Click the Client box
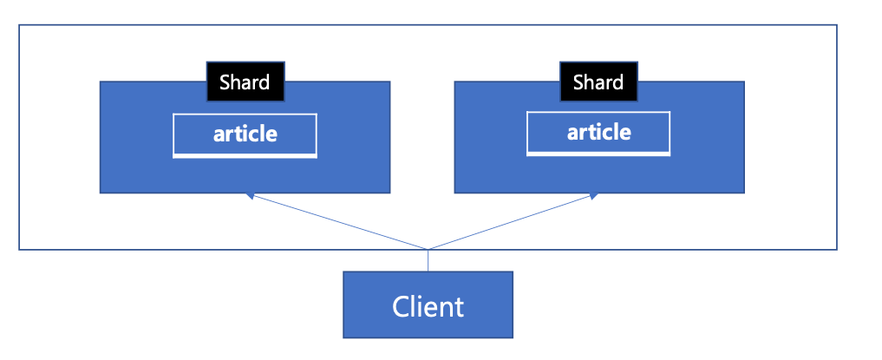[428, 304]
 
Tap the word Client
[428, 307]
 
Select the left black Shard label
[245, 82]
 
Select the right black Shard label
[598, 82]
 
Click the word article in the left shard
[245, 134]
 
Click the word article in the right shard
[599, 132]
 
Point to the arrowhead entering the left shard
[250, 195]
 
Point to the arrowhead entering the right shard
[592, 195]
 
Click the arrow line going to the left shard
[337, 221]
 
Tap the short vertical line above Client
[428, 260]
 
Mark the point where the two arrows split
[428, 249]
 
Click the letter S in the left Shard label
[225, 82]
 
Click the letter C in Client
[400, 307]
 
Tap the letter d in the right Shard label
[617, 82]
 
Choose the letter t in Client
[459, 308]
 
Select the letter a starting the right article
[572, 134]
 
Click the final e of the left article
[271, 135]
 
